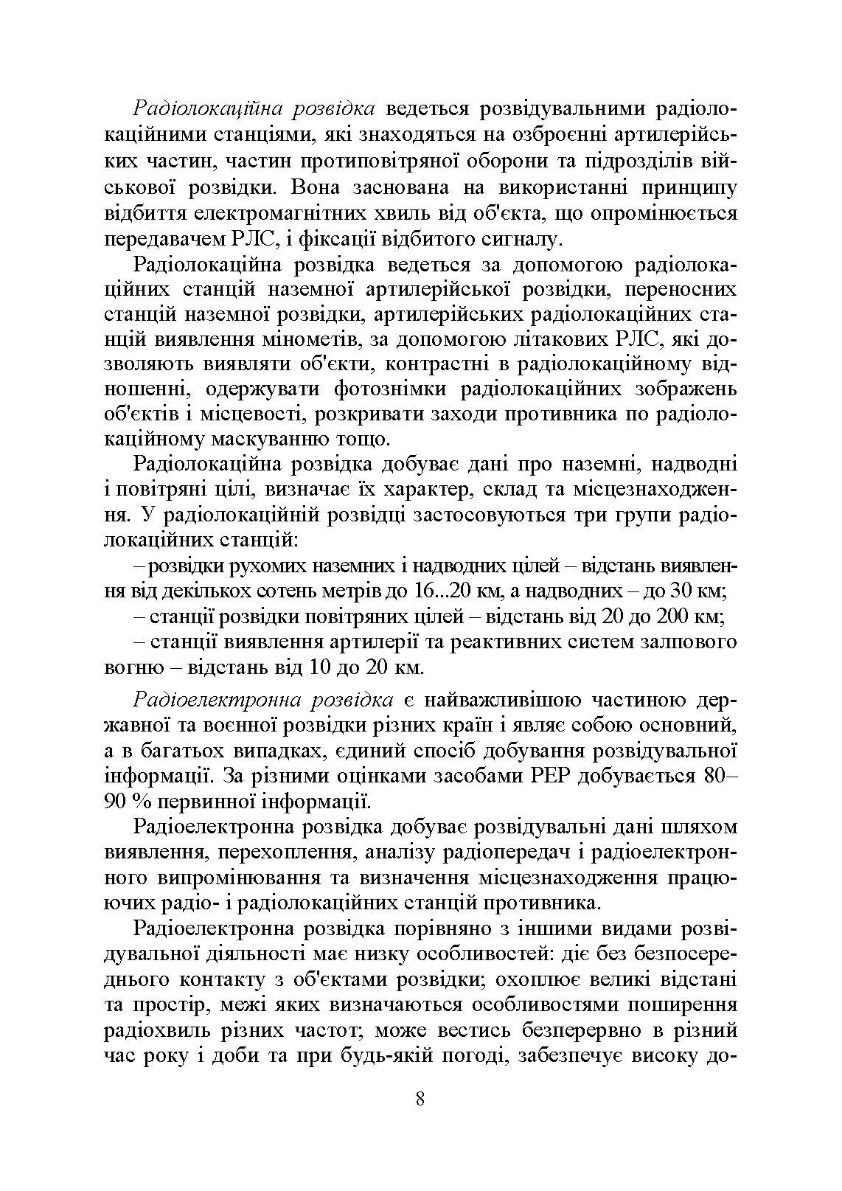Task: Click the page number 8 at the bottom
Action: pos(420,1098)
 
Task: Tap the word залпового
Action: pos(690,642)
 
